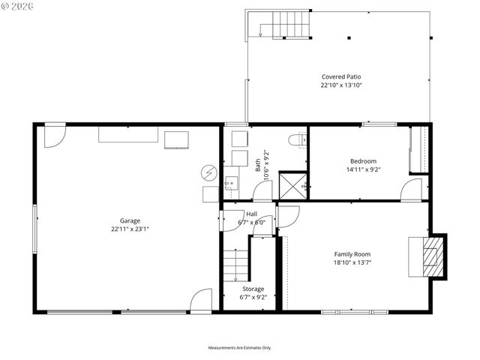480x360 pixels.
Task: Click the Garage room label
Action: [x=130, y=220]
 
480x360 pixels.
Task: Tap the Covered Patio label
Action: [x=341, y=76]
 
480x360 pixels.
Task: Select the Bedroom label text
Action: [x=363, y=160]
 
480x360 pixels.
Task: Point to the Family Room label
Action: [x=352, y=254]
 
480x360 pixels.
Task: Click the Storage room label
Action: [x=253, y=289]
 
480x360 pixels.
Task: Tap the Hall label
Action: [x=251, y=214]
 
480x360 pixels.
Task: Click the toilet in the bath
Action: [x=296, y=139]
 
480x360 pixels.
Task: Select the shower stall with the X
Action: [x=292, y=184]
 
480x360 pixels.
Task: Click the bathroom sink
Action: [x=232, y=181]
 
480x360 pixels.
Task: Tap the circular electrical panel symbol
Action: [x=208, y=172]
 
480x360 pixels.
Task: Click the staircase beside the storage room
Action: [x=235, y=265]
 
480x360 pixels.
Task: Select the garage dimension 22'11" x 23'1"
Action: [x=130, y=229]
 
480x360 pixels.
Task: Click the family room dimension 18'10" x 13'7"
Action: [x=352, y=263]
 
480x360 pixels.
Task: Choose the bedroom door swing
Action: [x=412, y=190]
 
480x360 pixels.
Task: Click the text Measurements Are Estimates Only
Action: [x=240, y=347]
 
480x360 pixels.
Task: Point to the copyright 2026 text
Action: [x=19, y=6]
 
